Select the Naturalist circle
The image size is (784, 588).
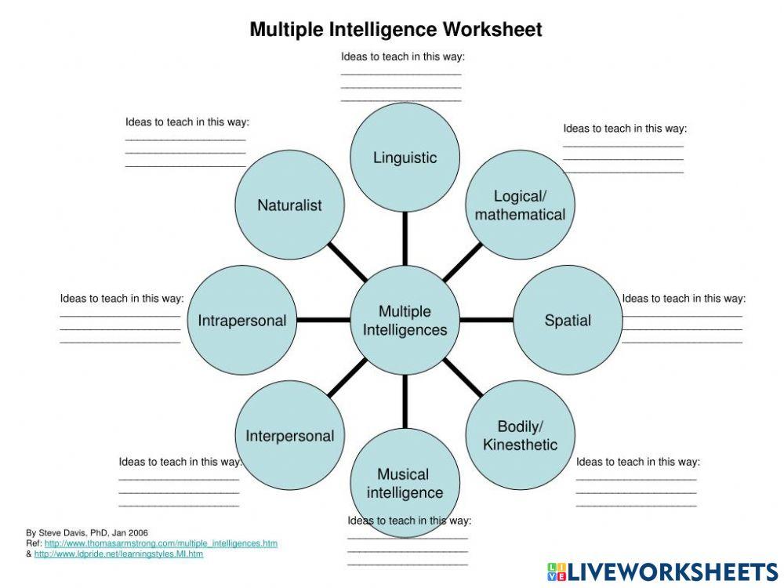(x=289, y=205)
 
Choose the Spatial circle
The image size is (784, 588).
(x=568, y=320)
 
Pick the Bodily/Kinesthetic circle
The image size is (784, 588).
(x=520, y=435)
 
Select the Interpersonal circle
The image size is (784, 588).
(x=289, y=435)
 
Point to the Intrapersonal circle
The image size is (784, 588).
(x=241, y=320)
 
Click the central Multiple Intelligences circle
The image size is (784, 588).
(x=405, y=320)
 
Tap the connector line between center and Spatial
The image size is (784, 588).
(x=486, y=320)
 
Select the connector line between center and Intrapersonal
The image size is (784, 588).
(x=323, y=320)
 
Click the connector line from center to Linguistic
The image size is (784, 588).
(x=405, y=238)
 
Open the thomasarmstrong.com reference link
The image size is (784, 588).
(x=161, y=543)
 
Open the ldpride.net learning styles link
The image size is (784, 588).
(x=118, y=554)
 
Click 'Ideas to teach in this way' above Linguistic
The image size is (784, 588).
(x=403, y=56)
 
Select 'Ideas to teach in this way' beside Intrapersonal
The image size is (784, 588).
(x=122, y=298)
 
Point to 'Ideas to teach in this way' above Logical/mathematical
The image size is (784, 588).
(x=625, y=129)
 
